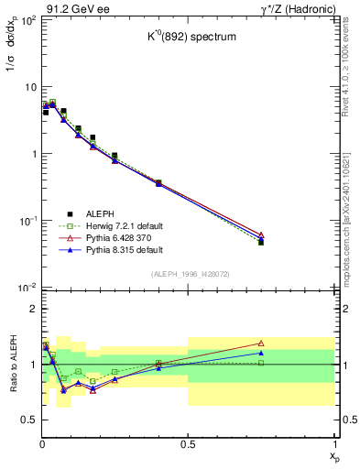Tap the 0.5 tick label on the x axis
[x=187, y=443]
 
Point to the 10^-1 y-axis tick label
[x=26, y=221]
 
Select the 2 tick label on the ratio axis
[x=31, y=310]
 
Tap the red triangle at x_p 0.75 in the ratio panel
[x=261, y=344]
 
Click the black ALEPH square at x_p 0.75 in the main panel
[x=261, y=242]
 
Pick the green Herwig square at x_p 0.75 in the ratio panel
[x=261, y=363]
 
